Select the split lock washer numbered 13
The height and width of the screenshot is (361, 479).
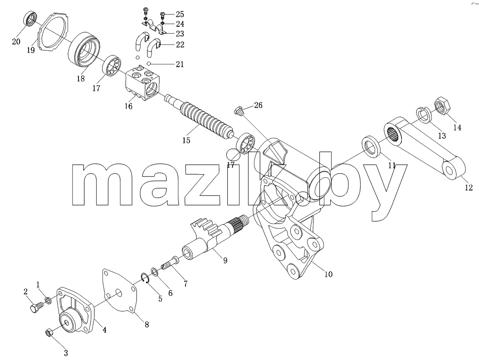point(424,115)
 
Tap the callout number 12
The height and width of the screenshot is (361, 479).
point(469,187)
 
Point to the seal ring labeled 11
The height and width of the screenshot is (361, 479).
point(371,147)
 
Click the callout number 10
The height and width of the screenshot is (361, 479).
point(328,274)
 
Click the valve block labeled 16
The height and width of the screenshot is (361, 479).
point(143,83)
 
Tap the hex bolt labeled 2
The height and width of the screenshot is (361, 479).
point(37,306)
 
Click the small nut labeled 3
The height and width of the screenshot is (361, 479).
point(49,333)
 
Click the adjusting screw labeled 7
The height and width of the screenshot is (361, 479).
point(170,263)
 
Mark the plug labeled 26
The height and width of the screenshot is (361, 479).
point(239,110)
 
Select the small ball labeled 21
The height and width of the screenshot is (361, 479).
point(148,64)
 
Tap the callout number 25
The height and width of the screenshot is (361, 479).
point(180,14)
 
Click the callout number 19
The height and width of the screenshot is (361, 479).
point(31,50)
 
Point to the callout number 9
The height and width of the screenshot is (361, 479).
point(225,260)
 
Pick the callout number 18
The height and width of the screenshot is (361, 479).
point(81,78)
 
